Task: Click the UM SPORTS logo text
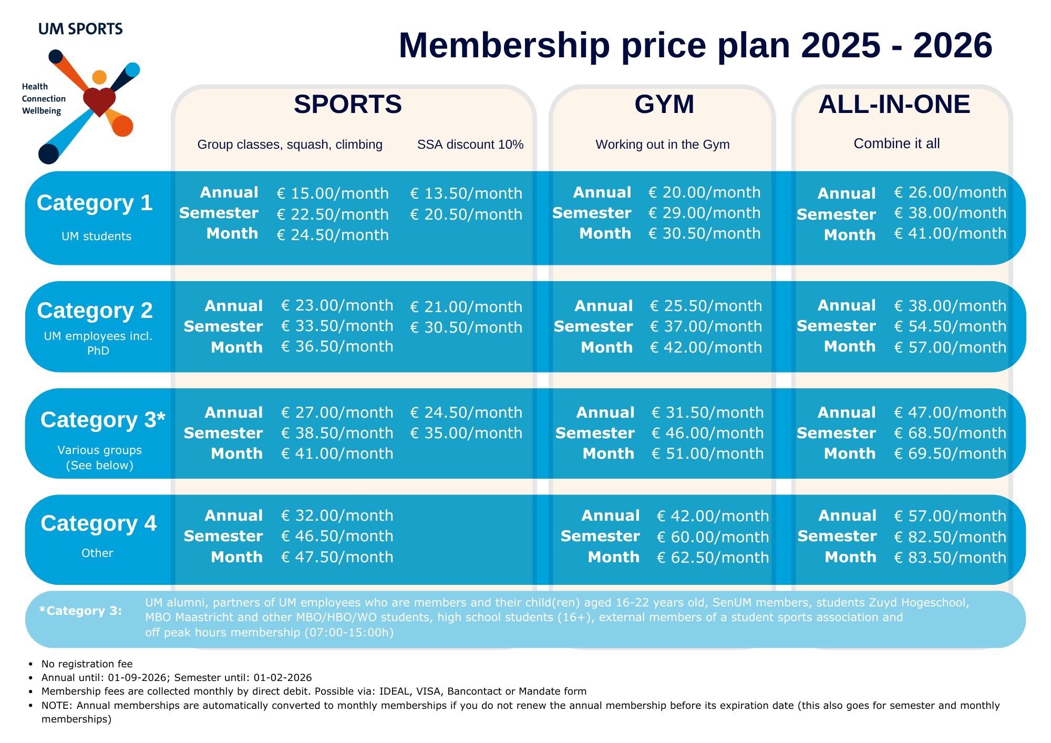tap(80, 29)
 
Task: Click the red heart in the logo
tap(99, 100)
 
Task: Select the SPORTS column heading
tap(347, 104)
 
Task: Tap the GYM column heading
tap(664, 104)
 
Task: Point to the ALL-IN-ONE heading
tap(894, 104)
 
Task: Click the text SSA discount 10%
tap(470, 145)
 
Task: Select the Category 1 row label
tap(95, 203)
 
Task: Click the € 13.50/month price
tap(466, 193)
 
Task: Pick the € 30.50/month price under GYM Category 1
tap(704, 233)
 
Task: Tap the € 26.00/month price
tap(950, 192)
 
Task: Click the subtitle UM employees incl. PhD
tap(98, 343)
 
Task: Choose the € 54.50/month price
tap(950, 326)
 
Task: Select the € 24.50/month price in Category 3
tap(466, 412)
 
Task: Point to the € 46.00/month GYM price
tap(707, 433)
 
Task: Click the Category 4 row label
tap(98, 523)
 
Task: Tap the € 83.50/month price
tap(950, 558)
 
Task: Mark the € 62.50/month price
tap(713, 558)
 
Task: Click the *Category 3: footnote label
tap(80, 611)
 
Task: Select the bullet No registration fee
tap(87, 664)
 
